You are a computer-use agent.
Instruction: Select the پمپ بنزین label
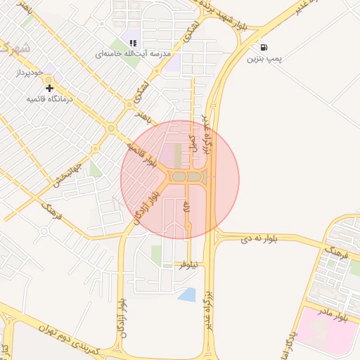264,59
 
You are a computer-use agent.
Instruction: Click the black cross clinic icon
49,88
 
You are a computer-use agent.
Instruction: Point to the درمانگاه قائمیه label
51,99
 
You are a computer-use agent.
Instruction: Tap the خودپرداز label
32,72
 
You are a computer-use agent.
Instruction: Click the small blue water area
187,295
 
